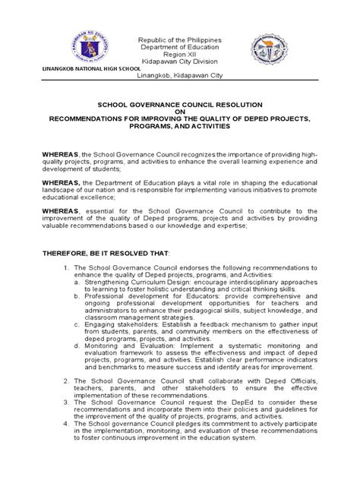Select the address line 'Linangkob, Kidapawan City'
(x=179, y=77)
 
